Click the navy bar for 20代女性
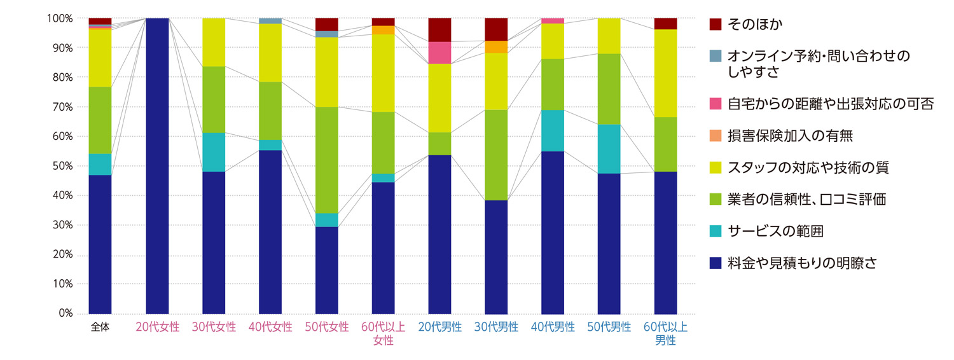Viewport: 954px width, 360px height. point(157,165)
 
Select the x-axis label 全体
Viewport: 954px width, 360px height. point(100,328)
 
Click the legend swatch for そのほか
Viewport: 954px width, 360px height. point(714,25)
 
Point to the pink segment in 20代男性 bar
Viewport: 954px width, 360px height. point(439,53)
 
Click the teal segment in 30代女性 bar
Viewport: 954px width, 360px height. point(214,152)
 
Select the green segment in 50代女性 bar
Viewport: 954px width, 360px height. point(327,160)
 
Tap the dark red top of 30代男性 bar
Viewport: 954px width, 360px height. point(496,29)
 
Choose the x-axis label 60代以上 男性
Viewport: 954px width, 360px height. point(665,334)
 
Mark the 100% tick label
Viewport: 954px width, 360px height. point(59,18)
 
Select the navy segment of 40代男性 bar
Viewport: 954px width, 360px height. point(553,232)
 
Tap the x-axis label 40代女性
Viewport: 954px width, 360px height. point(270,328)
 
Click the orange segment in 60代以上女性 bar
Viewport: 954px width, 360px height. point(384,30)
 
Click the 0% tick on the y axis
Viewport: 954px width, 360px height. point(64,314)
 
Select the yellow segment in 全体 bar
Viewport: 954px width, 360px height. point(100,58)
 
